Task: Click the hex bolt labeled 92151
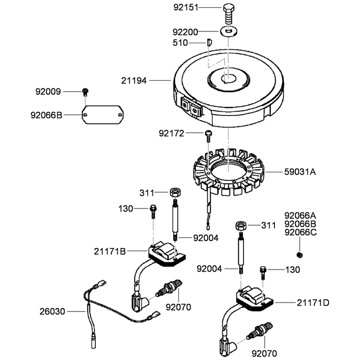pos(229,14)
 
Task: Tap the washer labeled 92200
pos(229,31)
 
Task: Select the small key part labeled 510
pos(209,43)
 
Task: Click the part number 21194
pos(134,81)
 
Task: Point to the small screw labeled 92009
pos(85,92)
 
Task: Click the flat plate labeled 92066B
pos(103,115)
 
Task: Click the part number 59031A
pos(300,172)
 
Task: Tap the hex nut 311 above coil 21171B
pos(175,192)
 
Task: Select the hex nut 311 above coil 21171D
pos(241,225)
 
